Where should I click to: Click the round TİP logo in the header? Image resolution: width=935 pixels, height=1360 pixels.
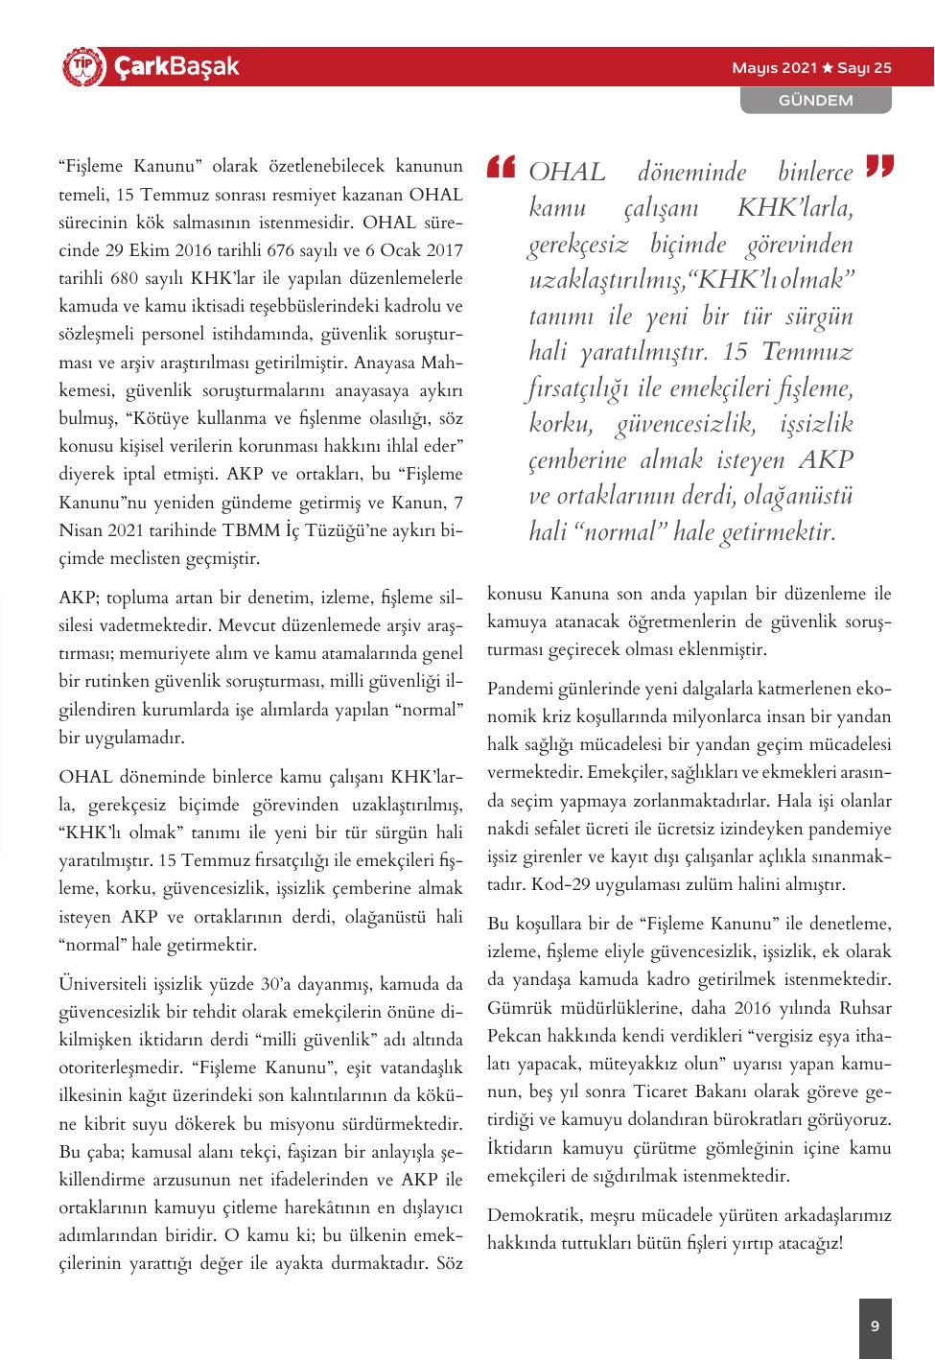[81, 66]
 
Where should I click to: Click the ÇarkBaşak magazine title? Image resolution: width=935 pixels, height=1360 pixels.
[176, 67]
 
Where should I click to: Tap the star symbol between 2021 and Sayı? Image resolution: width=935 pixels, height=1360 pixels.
[827, 68]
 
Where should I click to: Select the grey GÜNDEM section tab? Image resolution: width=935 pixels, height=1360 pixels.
[815, 100]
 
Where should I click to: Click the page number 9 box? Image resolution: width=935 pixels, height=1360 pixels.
[875, 1327]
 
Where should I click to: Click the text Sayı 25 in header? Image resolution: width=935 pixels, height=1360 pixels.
[865, 68]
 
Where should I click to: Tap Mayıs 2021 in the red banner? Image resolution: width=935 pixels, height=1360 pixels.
[774, 68]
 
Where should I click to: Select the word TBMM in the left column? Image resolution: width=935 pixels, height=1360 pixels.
[251, 529]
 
